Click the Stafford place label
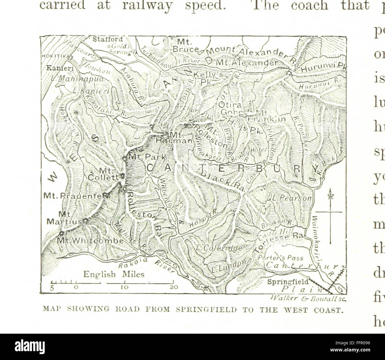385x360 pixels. pos(103,39)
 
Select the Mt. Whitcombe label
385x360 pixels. pos(90,240)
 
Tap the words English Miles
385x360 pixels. pos(114,274)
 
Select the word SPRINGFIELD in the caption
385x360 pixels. pos(205,310)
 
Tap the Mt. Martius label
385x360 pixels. pos(63,217)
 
